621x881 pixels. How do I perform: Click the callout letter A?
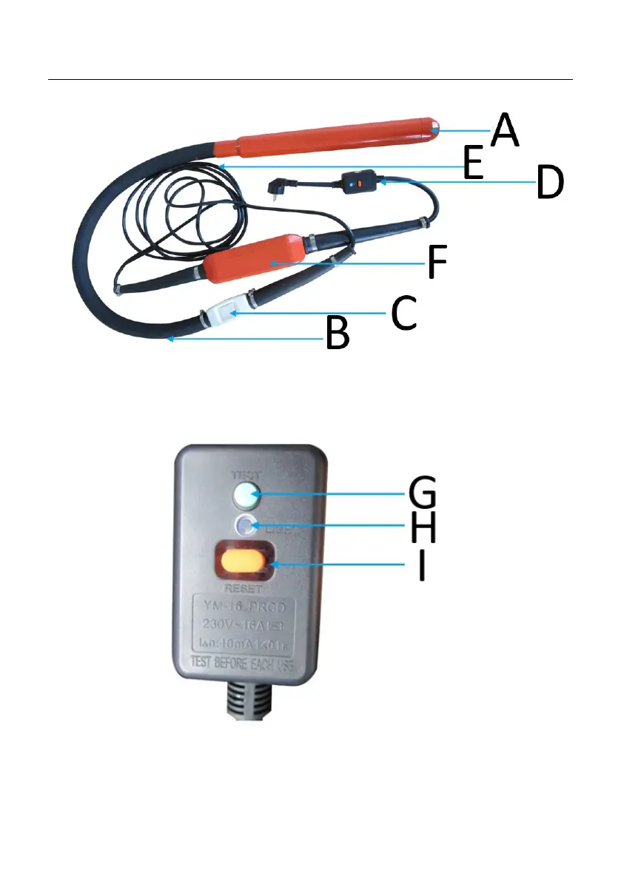506,130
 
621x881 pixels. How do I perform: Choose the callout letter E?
464,164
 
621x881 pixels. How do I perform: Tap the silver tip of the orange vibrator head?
435,127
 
